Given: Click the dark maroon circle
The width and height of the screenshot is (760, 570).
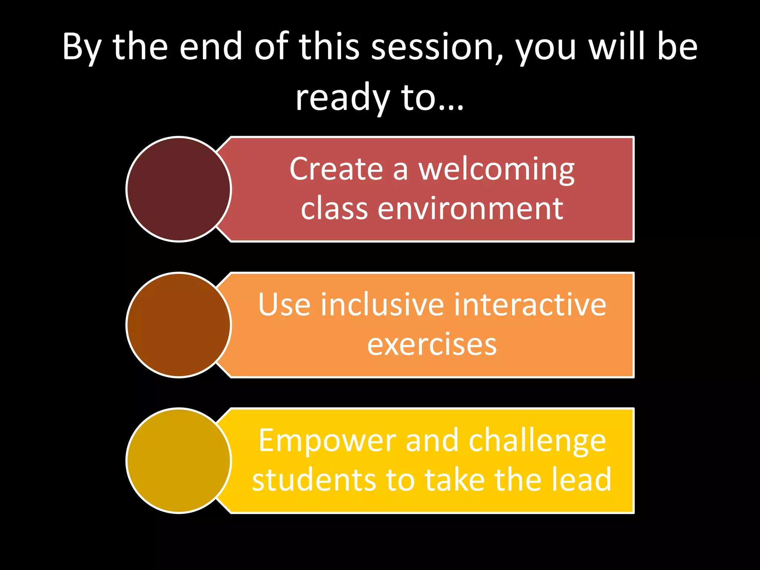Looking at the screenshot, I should click(x=178, y=189).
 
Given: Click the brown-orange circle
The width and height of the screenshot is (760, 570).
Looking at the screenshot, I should click(x=178, y=325).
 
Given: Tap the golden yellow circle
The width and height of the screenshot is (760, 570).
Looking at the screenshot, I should click(x=178, y=461).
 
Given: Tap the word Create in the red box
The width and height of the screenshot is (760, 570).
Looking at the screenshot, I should click(x=336, y=169).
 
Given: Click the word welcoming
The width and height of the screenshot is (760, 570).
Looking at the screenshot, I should click(x=497, y=170).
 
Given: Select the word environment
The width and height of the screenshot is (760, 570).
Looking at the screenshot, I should click(x=470, y=209).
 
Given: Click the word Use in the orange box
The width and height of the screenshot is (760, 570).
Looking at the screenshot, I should click(x=284, y=305).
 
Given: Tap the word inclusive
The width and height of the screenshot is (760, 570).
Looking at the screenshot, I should click(x=382, y=305).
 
